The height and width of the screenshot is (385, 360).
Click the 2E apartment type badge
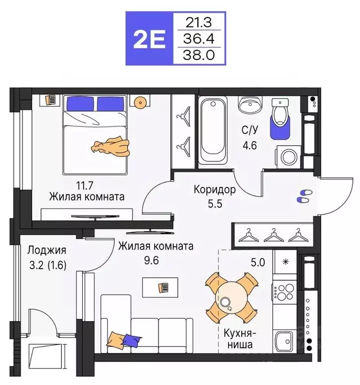pos(148,39)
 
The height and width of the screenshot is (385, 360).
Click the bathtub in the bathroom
pos(213,130)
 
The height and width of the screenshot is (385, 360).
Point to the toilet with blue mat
pos(279,118)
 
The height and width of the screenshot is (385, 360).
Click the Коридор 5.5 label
pos(215,197)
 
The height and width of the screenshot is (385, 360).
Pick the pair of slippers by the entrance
pos(304,196)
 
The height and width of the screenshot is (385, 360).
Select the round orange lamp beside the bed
pos(139,102)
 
